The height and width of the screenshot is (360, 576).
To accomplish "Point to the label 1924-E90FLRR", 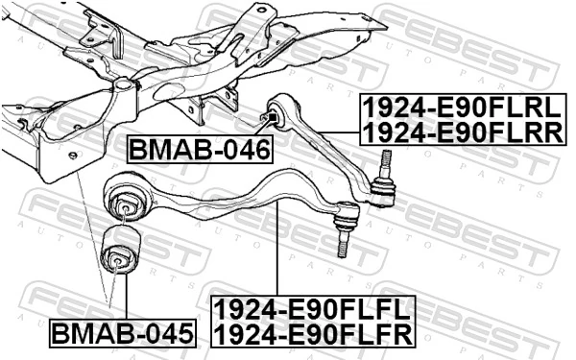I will point(462,131).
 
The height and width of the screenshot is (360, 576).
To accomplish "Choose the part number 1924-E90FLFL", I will point(313,309).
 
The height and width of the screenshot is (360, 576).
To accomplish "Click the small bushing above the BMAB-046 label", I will point(270,118).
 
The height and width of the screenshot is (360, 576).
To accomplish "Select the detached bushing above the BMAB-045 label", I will point(121,252).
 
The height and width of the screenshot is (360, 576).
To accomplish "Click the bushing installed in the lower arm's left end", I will point(125,204).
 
